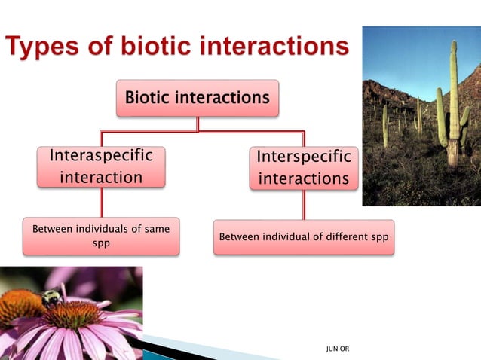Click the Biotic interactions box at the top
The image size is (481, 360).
(x=197, y=98)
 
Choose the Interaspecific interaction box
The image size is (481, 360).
(x=101, y=166)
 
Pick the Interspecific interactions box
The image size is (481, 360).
(x=304, y=167)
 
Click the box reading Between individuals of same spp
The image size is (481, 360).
(x=101, y=236)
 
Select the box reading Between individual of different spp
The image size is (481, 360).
(x=303, y=237)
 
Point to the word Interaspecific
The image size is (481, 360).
(x=101, y=156)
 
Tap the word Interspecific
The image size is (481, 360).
(x=304, y=157)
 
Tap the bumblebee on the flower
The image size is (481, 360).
(x=51, y=298)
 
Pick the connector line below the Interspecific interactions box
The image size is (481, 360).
(x=304, y=204)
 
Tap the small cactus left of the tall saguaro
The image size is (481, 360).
(x=385, y=124)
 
